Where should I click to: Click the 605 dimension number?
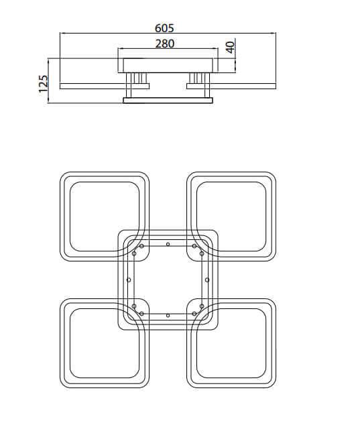[x=164, y=28]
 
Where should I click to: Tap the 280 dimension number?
[x=165, y=44]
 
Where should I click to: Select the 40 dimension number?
[x=231, y=48]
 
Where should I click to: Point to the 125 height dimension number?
[x=43, y=84]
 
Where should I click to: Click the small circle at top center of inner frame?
[x=168, y=244]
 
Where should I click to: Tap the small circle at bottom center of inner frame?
[x=168, y=315]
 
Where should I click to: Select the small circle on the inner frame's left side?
[x=129, y=280]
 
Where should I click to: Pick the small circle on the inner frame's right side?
[x=207, y=280]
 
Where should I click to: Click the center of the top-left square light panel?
[x=105, y=217]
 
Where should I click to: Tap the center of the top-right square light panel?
[x=231, y=217]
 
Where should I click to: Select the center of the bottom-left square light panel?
[x=105, y=343]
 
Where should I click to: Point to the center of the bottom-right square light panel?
[x=231, y=343]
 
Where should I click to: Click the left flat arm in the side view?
[x=105, y=86]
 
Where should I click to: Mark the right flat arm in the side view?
[x=231, y=86]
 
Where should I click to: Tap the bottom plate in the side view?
[x=168, y=101]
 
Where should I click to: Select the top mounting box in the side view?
[x=168, y=65]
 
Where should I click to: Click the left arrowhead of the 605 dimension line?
[x=62, y=33]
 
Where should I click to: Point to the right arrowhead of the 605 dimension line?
[x=274, y=33]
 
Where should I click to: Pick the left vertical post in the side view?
[x=129, y=85]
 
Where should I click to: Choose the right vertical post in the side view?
[x=207, y=85]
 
